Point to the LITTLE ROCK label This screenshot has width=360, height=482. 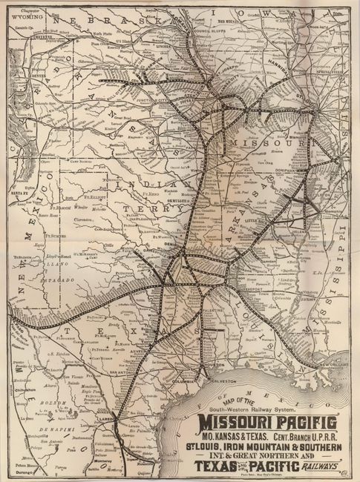pos(261,222)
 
